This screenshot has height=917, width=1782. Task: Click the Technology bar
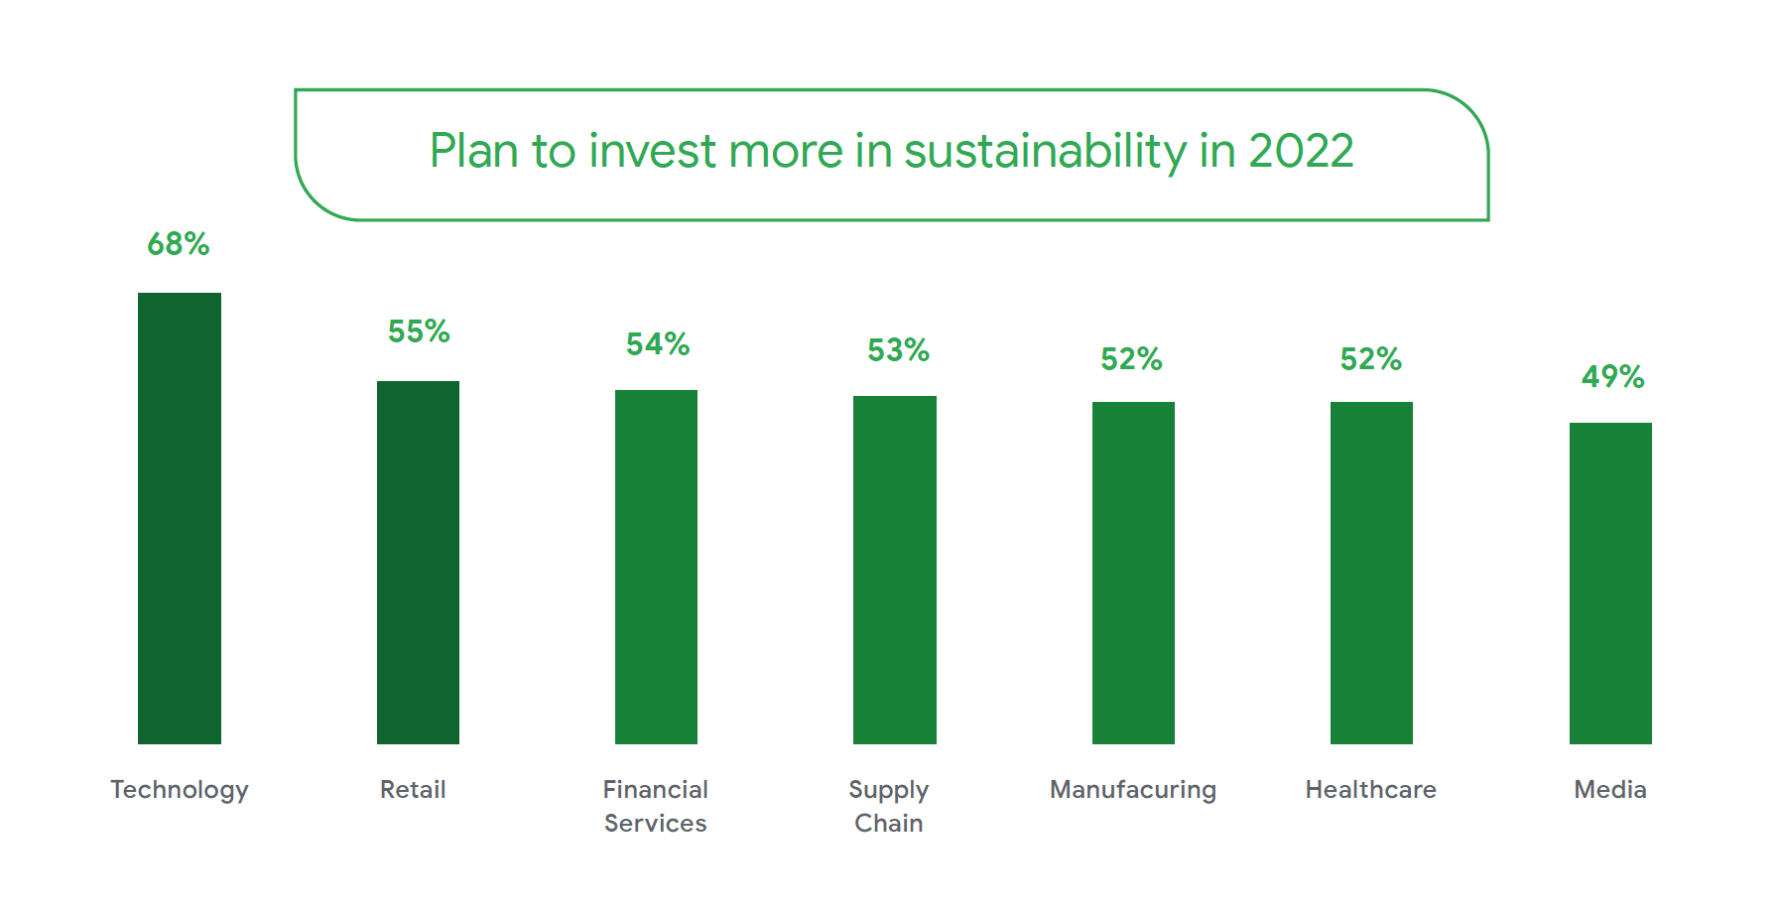[180, 518]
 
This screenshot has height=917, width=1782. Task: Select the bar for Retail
[418, 562]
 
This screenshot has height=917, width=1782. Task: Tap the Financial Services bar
[656, 567]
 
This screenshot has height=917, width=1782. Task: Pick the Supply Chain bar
[894, 570]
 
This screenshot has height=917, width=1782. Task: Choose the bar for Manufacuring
[1133, 573]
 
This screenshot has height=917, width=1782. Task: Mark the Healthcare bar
[1371, 573]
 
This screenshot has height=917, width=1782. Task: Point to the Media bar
[1610, 583]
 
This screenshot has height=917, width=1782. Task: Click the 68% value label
[179, 244]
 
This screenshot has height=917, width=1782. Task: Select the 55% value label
[419, 331]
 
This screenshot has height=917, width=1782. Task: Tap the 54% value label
[657, 344]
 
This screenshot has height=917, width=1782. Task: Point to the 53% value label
[898, 350]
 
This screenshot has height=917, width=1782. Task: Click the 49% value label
[1612, 377]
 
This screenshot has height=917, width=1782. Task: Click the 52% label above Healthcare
[1370, 359]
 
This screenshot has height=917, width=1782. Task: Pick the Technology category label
[180, 790]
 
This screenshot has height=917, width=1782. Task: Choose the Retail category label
[413, 790]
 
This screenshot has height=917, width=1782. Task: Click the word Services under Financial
[656, 824]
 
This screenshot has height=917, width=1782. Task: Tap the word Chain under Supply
[889, 824]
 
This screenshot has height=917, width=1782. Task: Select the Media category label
[1610, 790]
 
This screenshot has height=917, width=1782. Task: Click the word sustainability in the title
[1045, 151]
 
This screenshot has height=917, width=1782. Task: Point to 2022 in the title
[1300, 151]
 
